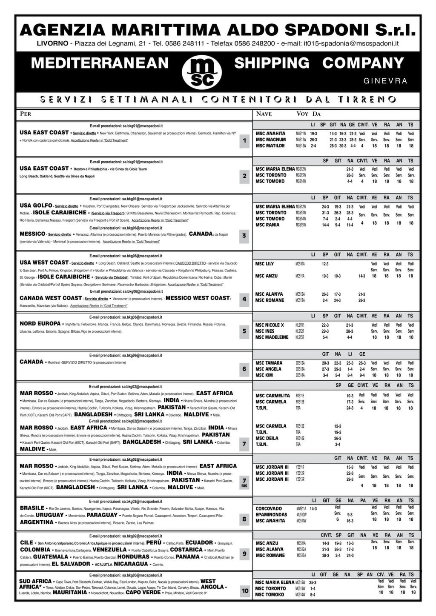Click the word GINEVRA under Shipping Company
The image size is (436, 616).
tap(386, 81)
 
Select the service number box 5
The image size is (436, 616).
tap(244, 331)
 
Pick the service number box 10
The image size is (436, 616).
tap(245, 590)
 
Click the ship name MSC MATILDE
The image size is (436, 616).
tap(270, 146)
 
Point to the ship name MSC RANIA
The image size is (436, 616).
tap(267, 225)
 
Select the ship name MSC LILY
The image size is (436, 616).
tap(264, 264)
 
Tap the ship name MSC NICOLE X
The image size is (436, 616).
tap(270, 325)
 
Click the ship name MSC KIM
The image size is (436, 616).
tap(264, 375)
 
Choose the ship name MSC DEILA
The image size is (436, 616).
tap(267, 438)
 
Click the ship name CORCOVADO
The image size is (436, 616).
tap(268, 508)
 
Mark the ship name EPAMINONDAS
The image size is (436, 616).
tap(271, 514)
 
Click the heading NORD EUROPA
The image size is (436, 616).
tap(40, 324)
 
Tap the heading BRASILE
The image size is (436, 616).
tap(32, 508)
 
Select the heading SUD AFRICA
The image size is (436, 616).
tap(35, 581)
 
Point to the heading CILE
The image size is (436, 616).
tap(26, 543)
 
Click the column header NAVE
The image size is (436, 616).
tap(264, 114)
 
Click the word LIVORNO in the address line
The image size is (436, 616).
tap(52, 43)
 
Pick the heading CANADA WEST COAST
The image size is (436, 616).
tap(50, 298)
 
